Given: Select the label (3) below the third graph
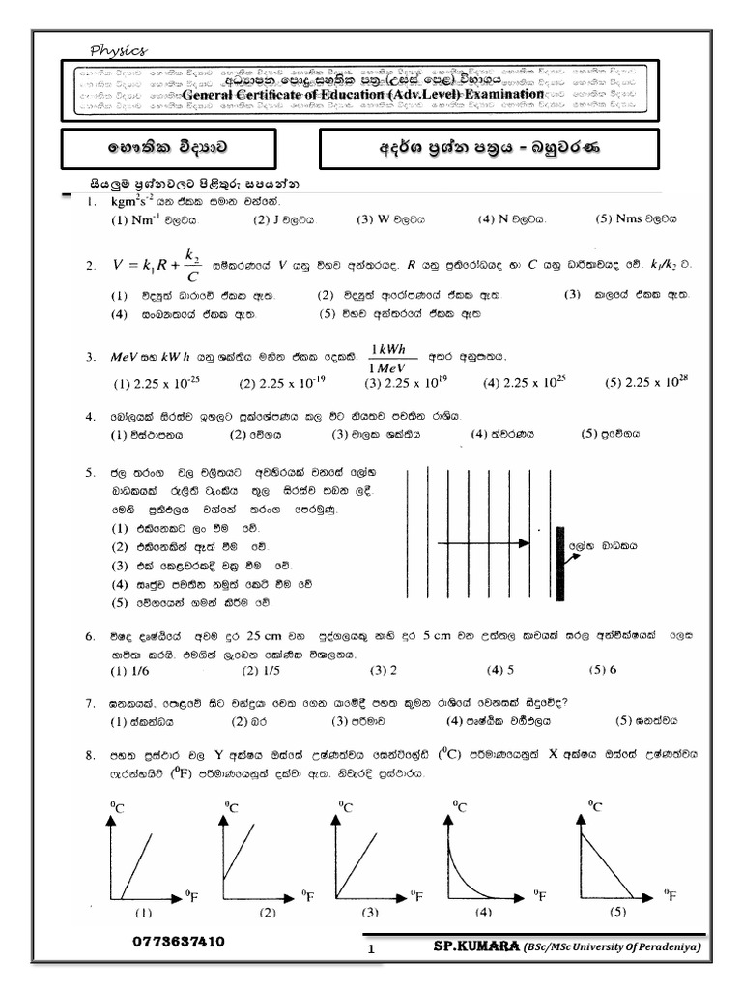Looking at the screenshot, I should [370, 912].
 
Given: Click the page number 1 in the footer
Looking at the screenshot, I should [370, 951].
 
